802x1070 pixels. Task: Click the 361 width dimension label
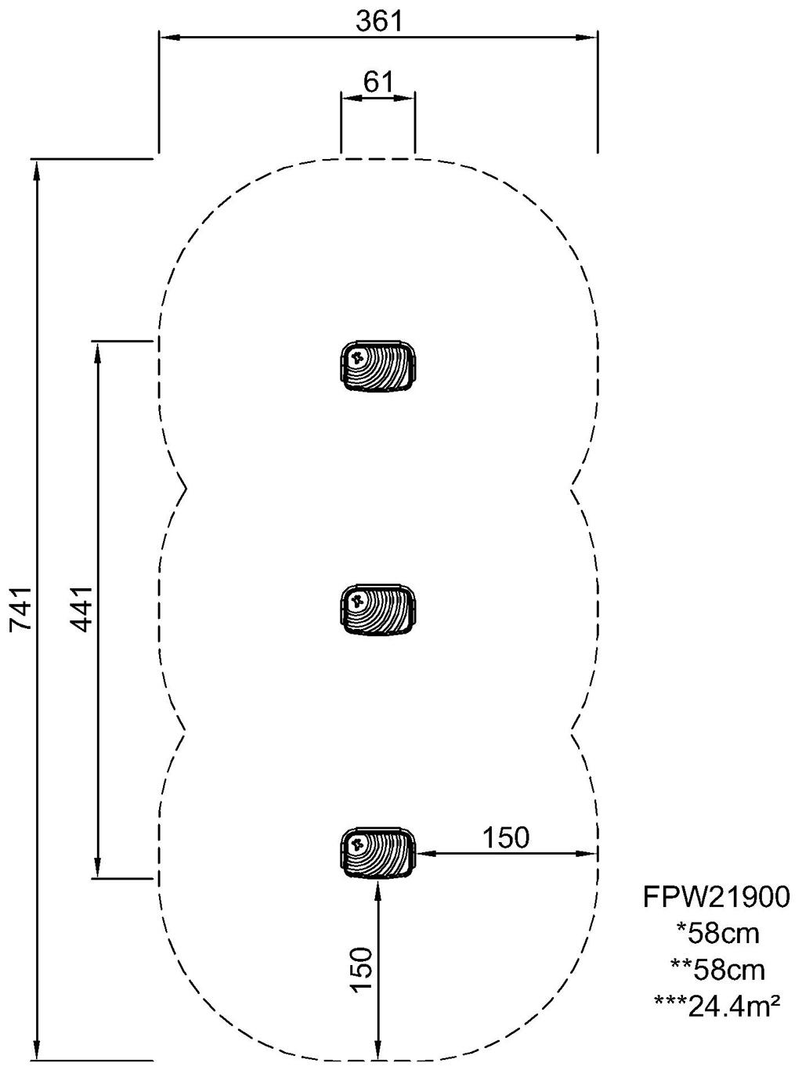378,21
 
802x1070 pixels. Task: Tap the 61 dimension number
378,81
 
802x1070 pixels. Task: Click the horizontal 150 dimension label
505,837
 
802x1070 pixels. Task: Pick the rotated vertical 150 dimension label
361,970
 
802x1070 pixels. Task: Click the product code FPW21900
717,897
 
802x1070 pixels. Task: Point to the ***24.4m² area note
717,1004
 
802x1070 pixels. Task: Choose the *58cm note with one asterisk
717,933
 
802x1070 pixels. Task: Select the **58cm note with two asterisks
717,969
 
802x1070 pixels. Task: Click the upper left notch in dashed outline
185,488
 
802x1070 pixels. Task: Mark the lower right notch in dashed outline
572,731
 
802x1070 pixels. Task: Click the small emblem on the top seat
357,359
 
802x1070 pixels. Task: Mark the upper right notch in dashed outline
572,488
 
